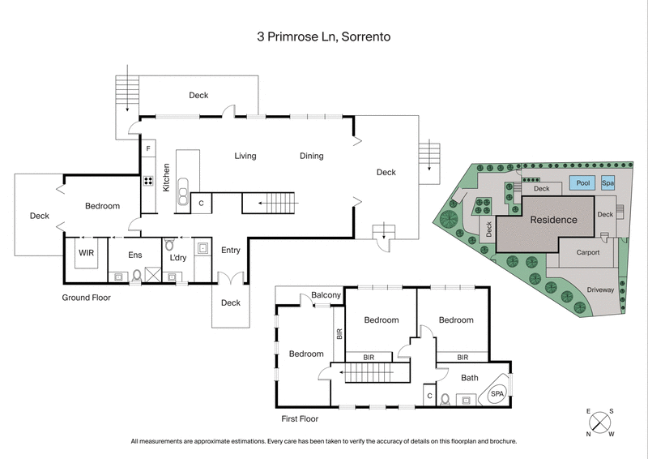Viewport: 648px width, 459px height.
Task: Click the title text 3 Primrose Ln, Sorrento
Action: point(323,36)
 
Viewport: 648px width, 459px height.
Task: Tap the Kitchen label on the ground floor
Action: point(166,177)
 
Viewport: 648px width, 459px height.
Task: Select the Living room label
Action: point(245,156)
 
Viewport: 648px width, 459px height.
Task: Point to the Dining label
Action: point(311,156)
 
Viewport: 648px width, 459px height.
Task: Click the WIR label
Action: point(87,254)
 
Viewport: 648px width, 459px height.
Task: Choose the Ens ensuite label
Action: point(135,255)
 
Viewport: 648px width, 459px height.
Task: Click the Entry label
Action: point(231,251)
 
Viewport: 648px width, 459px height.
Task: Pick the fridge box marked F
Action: point(148,150)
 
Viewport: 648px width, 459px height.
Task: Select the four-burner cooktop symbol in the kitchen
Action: point(149,182)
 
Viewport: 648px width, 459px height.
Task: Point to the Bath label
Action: point(470,377)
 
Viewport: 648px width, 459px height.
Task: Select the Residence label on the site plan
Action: point(554,220)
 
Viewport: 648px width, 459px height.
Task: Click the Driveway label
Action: point(600,289)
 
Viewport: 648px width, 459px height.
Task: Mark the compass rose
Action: point(600,423)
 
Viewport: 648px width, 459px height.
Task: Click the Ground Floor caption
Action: point(87,298)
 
